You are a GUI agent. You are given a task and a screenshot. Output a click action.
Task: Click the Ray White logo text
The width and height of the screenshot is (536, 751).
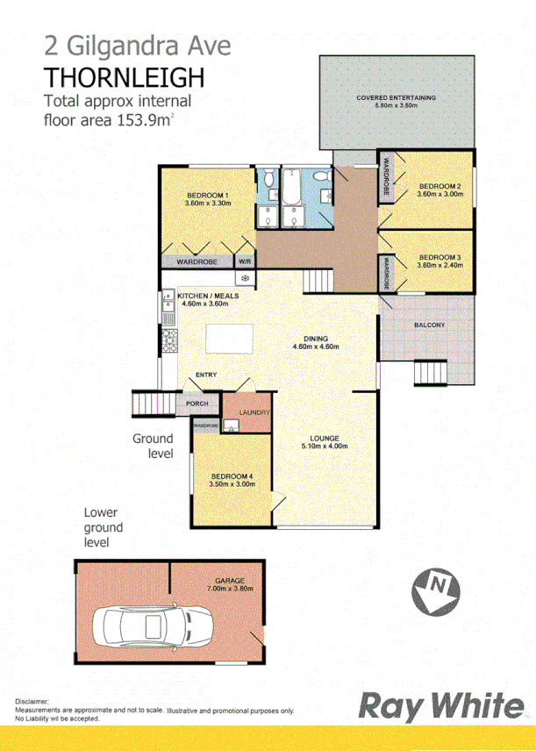coord(439,706)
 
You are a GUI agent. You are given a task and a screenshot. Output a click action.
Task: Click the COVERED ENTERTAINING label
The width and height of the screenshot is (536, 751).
coord(396,97)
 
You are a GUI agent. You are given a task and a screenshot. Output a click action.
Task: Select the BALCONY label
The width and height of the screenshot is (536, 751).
coord(430,326)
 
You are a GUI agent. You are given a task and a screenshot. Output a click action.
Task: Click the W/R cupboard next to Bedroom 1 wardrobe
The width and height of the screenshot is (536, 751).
coord(245,261)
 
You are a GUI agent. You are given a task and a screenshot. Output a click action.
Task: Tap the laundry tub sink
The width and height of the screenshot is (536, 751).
coord(232,426)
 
